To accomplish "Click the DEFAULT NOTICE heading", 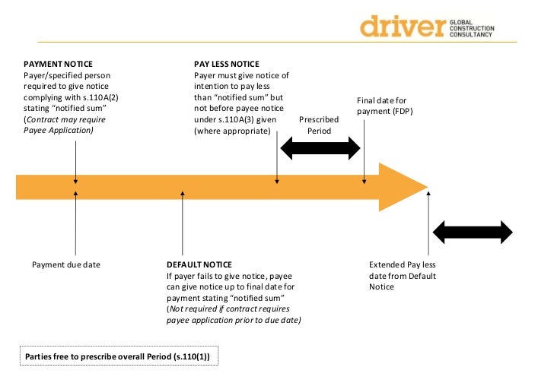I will [199, 264].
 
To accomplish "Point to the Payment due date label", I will [66, 264].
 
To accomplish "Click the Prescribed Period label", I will [319, 125].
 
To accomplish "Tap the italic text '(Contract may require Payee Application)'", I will [65, 125].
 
